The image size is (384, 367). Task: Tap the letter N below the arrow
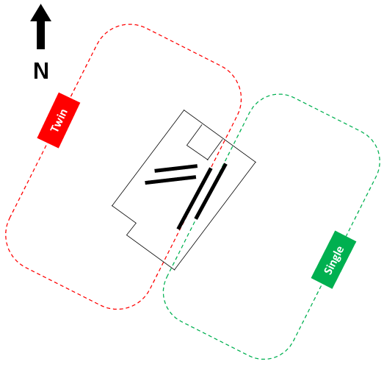pos(41,71)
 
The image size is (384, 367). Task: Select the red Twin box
pos(59,120)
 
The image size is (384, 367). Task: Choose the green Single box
pos(333,260)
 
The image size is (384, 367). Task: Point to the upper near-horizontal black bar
pos(175,168)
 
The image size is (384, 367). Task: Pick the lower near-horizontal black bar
pos(170,179)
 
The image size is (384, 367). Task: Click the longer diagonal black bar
pos(195,199)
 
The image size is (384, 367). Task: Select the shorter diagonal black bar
pos(211,191)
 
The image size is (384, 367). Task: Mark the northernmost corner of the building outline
pos(184,110)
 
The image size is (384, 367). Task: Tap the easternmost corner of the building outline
pos(256,162)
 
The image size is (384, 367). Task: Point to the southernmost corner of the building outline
pos(174,270)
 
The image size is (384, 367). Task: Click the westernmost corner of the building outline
pos(112,205)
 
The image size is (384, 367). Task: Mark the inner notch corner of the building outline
pos(136,223)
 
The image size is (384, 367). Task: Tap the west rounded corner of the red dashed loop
pos(7,235)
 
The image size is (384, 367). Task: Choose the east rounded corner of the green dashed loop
pos(378,157)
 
